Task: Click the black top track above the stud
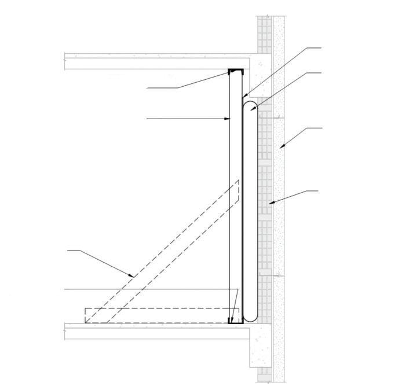pos(235,71)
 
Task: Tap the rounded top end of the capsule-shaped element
pos(250,105)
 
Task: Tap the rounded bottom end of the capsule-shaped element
pos(250,318)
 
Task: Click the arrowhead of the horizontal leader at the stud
pos(229,119)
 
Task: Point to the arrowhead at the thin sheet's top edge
pos(243,95)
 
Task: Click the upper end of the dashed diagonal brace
pos(237,184)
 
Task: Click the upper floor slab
pos(145,61)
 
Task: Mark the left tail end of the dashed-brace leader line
pos(68,250)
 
